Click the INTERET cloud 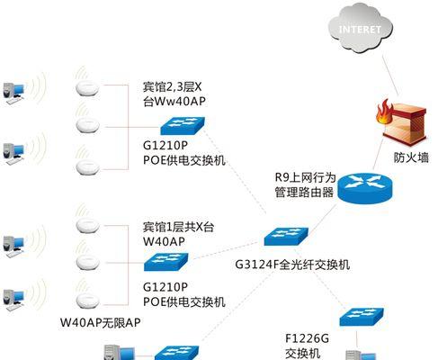[360, 29]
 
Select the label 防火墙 [411, 157]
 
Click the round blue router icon [365, 188]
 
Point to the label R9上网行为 [305, 177]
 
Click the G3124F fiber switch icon [286, 237]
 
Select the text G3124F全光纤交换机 [292, 265]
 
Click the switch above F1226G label [362, 317]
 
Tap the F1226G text [307, 338]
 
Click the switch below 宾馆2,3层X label [183, 126]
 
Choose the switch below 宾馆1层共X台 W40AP [166, 262]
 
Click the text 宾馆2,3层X [172, 87]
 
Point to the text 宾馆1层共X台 [178, 227]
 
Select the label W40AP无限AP [101, 322]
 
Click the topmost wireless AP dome [87, 88]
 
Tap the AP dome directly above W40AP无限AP [87, 301]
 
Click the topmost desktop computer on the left [13, 93]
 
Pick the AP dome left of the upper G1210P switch [87, 125]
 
